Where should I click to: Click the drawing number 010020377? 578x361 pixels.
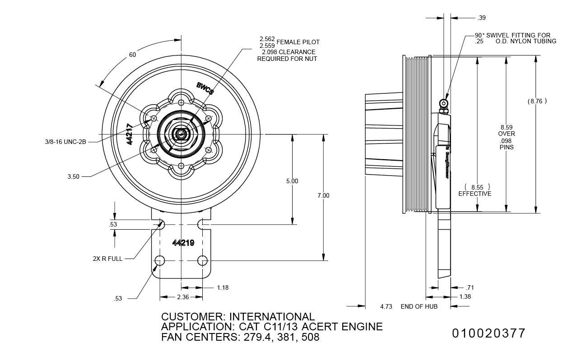tap(489, 333)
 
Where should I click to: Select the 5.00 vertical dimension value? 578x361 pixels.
tap(292, 181)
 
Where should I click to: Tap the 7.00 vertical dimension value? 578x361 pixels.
tap(323, 195)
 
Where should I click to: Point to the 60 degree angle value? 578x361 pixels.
tap(132, 55)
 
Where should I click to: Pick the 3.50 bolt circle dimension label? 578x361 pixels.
tap(73, 176)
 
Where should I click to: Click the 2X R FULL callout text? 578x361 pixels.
tap(107, 259)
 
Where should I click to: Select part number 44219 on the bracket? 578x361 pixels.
tap(183, 243)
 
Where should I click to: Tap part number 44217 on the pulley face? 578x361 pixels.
tap(130, 134)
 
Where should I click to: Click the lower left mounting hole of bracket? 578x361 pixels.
tap(159, 260)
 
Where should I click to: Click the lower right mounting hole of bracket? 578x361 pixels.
tap(202, 260)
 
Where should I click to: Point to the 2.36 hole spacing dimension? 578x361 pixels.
tap(182, 297)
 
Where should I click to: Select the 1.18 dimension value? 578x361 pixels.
tap(223, 287)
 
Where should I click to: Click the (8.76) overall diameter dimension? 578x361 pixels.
tap(537, 101)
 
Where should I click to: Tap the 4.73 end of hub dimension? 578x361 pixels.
tap(386, 306)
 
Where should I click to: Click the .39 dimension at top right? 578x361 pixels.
tap(481, 18)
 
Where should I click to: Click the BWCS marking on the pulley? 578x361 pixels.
tap(205, 88)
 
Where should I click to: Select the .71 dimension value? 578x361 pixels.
tap(470, 287)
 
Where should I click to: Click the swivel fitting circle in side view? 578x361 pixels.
tap(445, 97)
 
